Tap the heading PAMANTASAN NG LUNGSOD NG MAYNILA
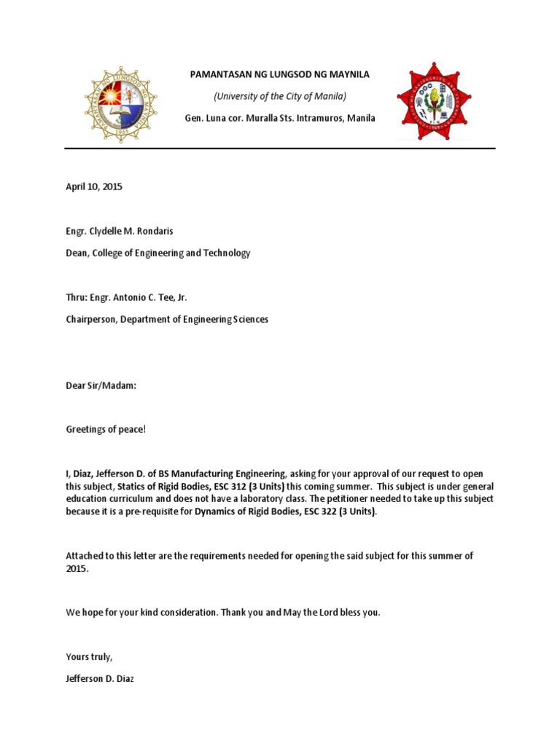pos(279,74)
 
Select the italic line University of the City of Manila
pos(279,96)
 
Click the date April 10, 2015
pos(94,186)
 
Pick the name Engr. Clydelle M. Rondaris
pos(120,231)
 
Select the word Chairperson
pos(91,319)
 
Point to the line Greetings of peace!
pos(106,429)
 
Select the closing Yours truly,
pos(89,656)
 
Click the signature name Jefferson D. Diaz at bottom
pos(100,678)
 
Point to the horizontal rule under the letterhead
pos(280,149)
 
